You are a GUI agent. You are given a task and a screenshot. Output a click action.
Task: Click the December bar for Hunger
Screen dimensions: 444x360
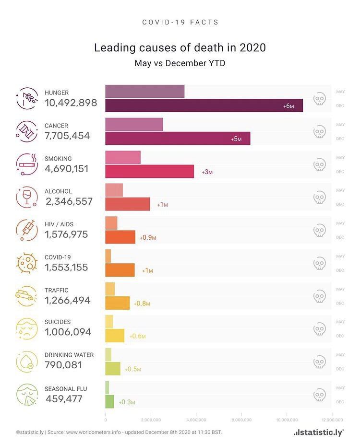204,105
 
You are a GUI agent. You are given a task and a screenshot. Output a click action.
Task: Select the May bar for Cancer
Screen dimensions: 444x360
134,124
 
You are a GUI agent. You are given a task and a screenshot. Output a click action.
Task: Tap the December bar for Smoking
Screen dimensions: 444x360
149,171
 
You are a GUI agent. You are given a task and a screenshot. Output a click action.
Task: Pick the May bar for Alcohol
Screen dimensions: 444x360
114,190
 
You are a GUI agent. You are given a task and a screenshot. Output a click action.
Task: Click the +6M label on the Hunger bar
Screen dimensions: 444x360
288,106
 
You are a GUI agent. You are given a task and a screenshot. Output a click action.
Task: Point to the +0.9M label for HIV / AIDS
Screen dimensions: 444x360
148,237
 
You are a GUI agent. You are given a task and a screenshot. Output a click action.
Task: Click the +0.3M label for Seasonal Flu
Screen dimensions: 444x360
127,402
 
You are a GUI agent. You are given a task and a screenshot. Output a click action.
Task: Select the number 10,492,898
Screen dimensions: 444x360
71,103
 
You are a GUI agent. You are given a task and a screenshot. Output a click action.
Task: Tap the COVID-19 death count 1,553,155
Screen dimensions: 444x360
66,268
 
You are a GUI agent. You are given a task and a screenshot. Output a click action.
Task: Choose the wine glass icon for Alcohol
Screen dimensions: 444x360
26,197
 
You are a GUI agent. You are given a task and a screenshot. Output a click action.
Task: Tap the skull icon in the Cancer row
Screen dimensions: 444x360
319,131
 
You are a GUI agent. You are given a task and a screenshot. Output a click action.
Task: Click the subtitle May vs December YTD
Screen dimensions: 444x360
180,63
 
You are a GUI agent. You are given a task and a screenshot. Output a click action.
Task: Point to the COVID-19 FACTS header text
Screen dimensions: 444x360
180,23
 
